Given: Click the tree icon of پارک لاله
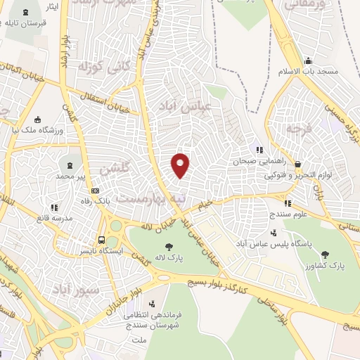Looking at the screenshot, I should pyautogui.click(x=169, y=247).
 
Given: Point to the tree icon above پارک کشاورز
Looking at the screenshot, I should pyautogui.click(x=324, y=255).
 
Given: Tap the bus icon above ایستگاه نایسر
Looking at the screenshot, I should pyautogui.click(x=102, y=239).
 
